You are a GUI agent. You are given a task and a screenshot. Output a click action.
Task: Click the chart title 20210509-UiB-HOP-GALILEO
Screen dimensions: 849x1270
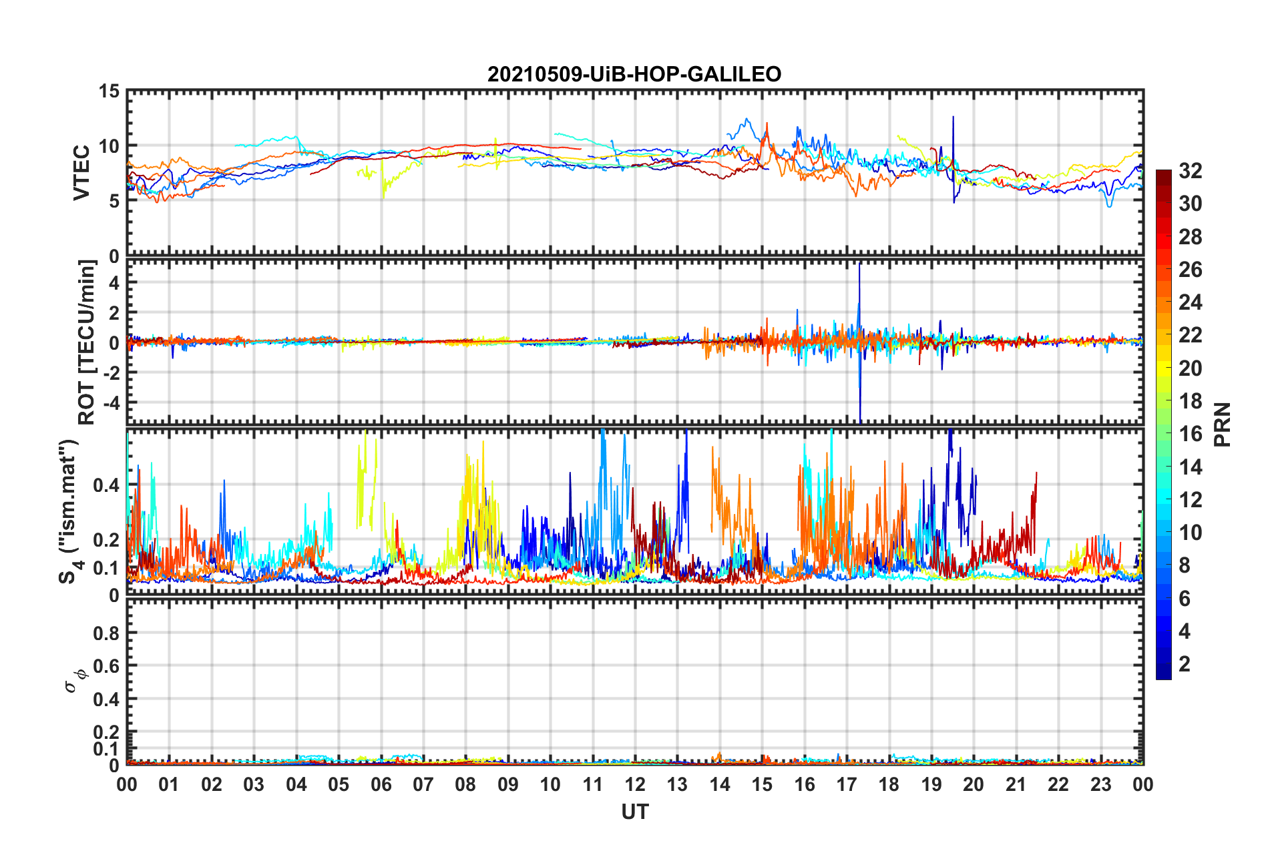[634, 74]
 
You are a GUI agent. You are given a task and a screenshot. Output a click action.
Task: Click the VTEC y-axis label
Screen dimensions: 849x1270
[81, 172]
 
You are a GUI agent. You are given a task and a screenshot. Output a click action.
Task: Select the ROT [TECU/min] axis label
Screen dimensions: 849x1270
[87, 342]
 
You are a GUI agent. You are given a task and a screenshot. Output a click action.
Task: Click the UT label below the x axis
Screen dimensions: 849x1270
[634, 812]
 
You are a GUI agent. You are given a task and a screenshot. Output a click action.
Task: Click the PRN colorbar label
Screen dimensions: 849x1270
[1223, 425]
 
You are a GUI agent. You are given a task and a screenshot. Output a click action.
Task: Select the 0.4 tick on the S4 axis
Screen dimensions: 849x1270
[106, 485]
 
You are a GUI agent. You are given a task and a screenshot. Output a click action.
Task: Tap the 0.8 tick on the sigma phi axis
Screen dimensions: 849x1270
[106, 633]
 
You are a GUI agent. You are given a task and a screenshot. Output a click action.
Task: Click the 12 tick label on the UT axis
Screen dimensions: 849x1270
[635, 784]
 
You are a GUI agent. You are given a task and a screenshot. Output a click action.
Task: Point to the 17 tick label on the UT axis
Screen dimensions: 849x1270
[847, 784]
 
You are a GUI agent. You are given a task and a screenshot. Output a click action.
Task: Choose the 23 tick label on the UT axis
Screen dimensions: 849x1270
[1100, 784]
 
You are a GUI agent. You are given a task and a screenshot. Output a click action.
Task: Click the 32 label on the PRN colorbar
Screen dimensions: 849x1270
[1190, 171]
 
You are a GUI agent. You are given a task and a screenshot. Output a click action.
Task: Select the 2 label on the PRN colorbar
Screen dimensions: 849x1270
[1185, 664]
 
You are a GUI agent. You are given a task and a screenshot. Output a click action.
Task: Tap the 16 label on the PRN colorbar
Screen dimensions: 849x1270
[1190, 434]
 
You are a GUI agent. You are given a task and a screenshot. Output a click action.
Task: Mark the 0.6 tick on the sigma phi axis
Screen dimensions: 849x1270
[106, 666]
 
